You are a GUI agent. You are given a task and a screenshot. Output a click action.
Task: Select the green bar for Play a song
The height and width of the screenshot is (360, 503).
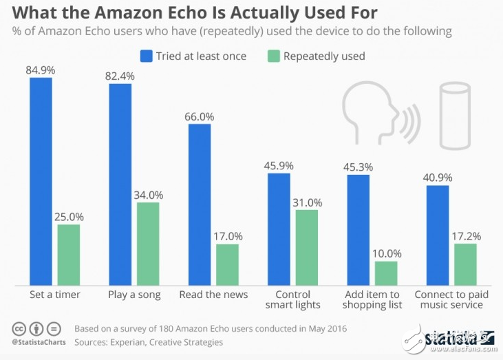[148, 244]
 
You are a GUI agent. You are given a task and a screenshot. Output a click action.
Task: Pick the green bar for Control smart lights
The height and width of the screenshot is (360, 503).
[307, 247]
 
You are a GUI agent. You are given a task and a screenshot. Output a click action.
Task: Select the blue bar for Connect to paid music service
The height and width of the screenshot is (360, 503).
[438, 235]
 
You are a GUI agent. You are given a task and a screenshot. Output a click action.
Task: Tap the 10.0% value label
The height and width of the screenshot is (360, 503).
[386, 253]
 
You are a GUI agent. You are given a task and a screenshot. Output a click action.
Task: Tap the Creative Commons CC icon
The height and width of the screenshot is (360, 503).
[19, 328]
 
